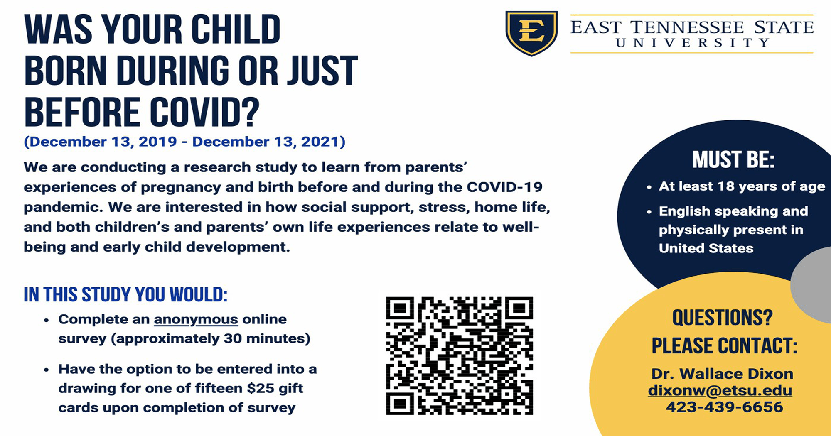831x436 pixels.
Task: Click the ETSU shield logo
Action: [531, 33]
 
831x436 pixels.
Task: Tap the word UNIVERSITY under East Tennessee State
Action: [692, 43]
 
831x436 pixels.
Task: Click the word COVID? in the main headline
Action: [204, 112]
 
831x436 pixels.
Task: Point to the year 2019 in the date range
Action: [158, 142]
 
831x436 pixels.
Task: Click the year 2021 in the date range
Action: [320, 142]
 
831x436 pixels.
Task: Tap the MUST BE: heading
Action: [733, 159]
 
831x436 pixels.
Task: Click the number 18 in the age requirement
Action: [726, 186]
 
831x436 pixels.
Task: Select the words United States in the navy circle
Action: [706, 248]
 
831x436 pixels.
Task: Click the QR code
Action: [460, 356]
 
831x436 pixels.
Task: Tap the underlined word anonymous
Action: [196, 319]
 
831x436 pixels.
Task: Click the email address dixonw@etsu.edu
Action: [720, 391]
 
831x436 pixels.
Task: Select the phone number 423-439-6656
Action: [725, 407]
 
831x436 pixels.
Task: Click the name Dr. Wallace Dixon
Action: [722, 374]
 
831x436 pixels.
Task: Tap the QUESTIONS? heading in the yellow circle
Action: [723, 318]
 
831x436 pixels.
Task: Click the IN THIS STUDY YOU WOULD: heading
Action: [125, 294]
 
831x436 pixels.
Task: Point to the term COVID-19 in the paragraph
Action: [504, 187]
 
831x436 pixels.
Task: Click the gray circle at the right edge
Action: [812, 285]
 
